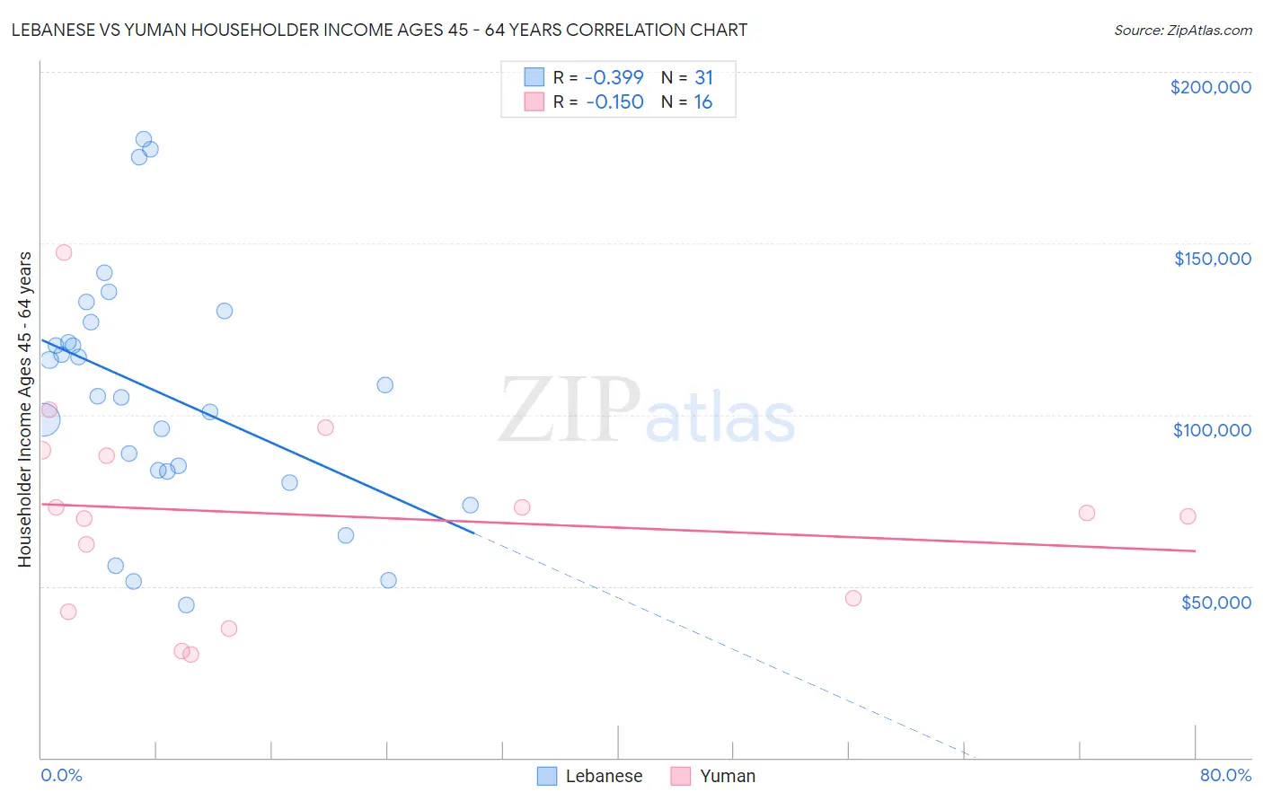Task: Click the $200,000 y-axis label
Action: coord(1210,87)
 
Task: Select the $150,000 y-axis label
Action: coord(1212,259)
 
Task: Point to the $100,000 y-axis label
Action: coord(1212,430)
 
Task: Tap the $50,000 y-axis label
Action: coord(1215,602)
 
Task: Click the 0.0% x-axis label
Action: coord(61,775)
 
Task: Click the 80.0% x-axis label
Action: coord(1225,775)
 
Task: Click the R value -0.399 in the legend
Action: coord(614,77)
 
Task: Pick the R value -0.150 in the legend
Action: coord(614,102)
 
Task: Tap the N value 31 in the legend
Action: coord(703,77)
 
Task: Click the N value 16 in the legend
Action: coord(702,102)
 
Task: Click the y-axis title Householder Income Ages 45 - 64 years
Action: coord(24,409)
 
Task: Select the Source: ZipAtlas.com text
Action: coord(1182,30)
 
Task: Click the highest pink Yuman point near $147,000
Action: coord(64,252)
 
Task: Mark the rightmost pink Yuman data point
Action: coord(1188,516)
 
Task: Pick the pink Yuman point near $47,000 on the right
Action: coord(853,598)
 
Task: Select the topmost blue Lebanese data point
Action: coord(144,139)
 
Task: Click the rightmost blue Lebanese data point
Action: coord(470,506)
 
